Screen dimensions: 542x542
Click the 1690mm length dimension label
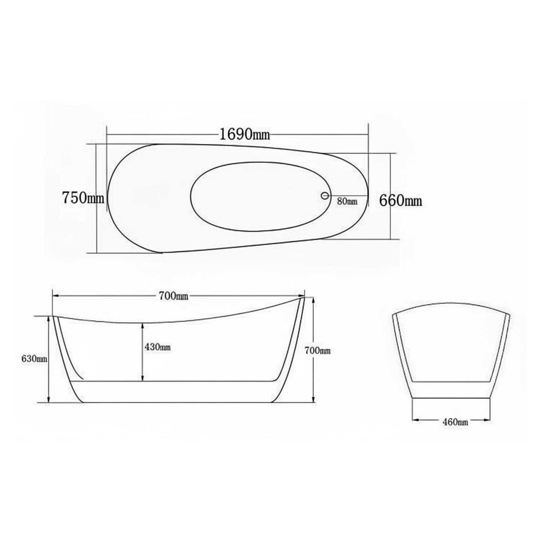point(245,134)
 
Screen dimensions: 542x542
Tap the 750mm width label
point(83,198)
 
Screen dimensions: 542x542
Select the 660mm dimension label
point(400,201)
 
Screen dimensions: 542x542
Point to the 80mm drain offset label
point(347,201)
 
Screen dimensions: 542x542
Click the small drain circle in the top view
point(325,195)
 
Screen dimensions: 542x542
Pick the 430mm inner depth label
point(158,347)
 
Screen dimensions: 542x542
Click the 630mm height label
point(34,359)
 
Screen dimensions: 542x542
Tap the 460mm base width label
point(455,422)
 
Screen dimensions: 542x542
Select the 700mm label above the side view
point(173,296)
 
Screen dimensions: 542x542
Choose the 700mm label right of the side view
point(317,350)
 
